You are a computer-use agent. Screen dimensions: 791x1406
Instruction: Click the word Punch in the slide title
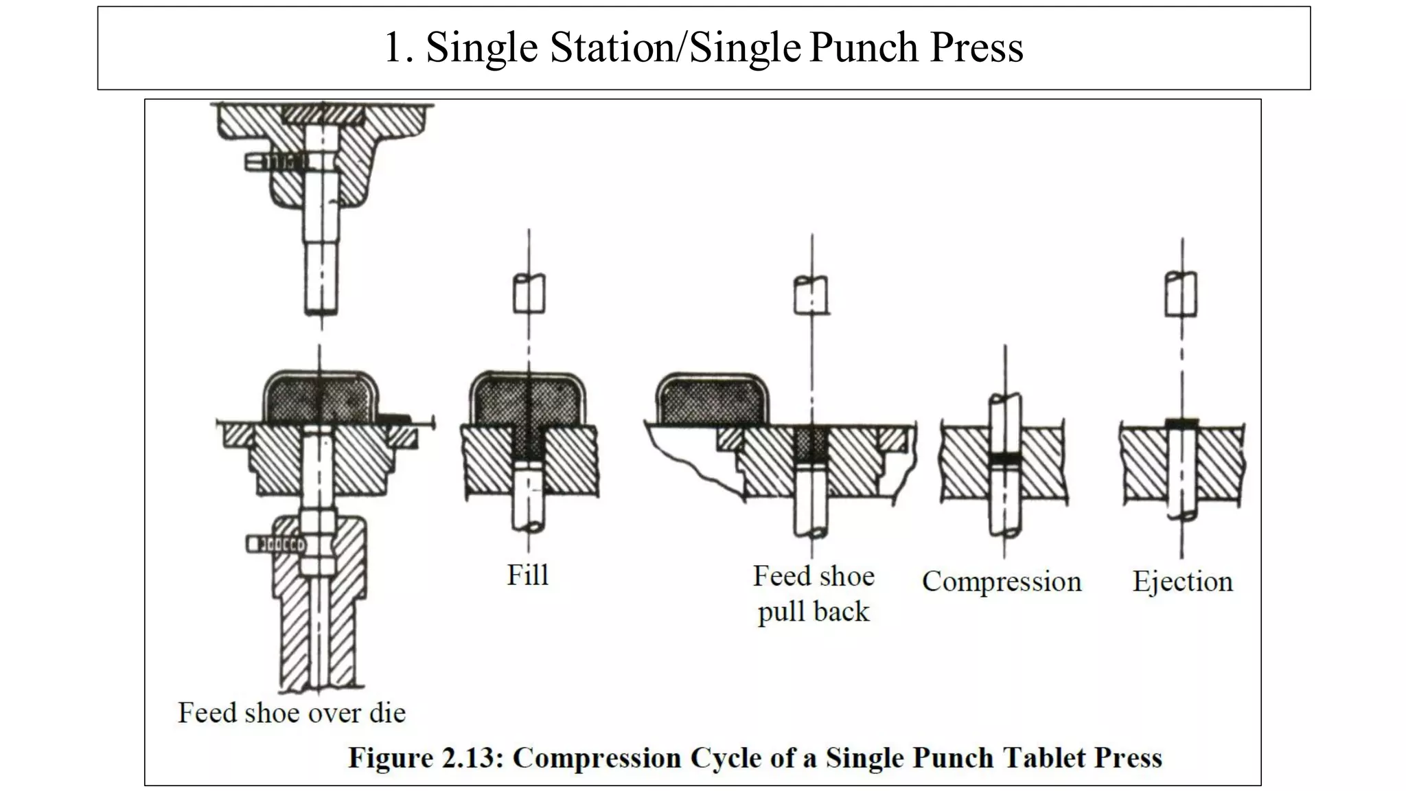click(864, 47)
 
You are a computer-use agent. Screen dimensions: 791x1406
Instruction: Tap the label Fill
click(527, 575)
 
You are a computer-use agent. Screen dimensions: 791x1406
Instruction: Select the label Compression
click(1001, 582)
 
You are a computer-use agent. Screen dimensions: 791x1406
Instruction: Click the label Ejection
click(1182, 582)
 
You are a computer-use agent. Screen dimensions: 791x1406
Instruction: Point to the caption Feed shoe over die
click(292, 713)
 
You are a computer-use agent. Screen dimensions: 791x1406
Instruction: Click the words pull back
click(813, 611)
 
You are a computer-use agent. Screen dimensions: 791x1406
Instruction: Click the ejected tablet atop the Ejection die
click(1182, 423)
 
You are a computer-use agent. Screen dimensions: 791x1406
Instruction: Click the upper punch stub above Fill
click(529, 294)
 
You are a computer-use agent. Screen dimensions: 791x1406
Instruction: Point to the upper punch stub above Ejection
click(1182, 294)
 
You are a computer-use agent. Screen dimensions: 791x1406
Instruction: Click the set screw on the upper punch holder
click(275, 163)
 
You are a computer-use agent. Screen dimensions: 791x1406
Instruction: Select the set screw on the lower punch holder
click(275, 544)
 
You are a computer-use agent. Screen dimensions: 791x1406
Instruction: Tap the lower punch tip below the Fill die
click(529, 498)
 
